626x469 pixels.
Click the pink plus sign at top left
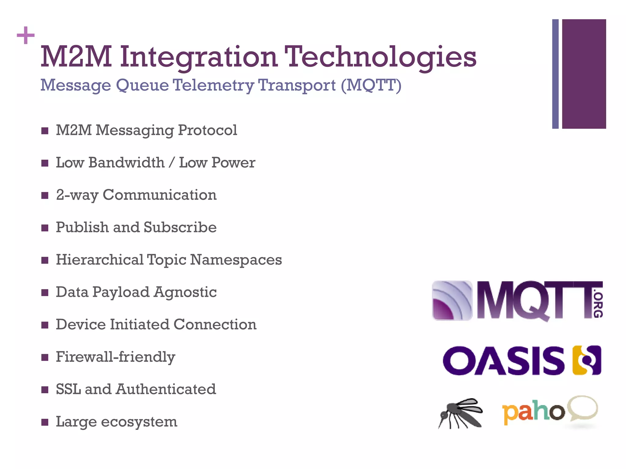(x=26, y=35)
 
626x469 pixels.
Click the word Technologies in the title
(x=380, y=57)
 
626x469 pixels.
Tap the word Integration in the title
(x=199, y=57)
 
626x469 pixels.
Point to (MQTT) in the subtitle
(x=371, y=85)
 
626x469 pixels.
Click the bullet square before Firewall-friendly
(x=45, y=357)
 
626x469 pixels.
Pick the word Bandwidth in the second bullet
(x=127, y=162)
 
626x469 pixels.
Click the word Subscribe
(x=180, y=227)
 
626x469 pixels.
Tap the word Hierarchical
(x=100, y=260)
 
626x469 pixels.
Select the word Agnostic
(x=185, y=292)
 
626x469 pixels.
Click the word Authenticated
(x=166, y=389)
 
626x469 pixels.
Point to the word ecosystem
(x=139, y=422)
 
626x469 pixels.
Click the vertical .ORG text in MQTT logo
(x=598, y=305)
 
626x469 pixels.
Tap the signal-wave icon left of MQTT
(x=452, y=300)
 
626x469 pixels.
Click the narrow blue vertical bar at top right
(x=555, y=74)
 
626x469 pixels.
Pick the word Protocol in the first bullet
(x=208, y=130)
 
